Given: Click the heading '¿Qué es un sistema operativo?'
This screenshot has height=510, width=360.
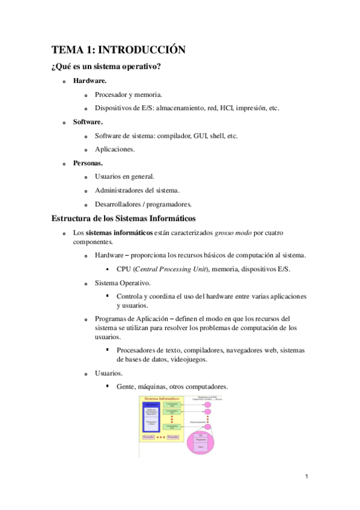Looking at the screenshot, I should coord(106,66).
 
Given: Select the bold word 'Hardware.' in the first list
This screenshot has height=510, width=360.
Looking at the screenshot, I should coord(90,80).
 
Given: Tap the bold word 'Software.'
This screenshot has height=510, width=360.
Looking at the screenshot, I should coord(88,121).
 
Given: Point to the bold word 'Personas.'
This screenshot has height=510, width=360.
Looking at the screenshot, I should coord(88,163).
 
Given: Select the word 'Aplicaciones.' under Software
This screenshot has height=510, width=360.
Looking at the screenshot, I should coord(115,149).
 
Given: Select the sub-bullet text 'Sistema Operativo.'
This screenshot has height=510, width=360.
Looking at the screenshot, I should coord(123,282).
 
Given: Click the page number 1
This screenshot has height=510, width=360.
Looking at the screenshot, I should coord(306,477).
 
